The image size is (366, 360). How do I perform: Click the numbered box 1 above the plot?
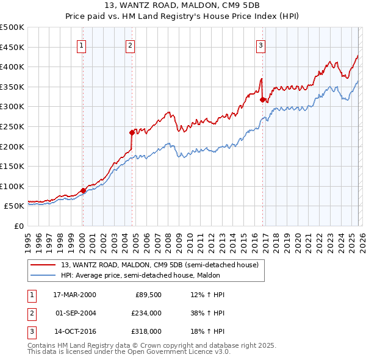coord(81,44)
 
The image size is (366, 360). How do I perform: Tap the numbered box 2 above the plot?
coord(131,44)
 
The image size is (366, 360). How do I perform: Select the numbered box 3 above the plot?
coord(260,44)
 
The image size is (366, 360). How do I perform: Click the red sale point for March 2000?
coord(83,190)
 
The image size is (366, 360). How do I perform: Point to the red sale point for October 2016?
coord(262,99)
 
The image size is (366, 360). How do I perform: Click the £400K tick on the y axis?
coord(13,67)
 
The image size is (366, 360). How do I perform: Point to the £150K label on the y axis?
coord(13,166)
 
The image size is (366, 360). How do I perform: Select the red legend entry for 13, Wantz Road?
coord(159,265)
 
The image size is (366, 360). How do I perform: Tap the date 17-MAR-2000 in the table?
coord(74,295)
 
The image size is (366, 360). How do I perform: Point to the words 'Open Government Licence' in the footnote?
coord(180,352)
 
